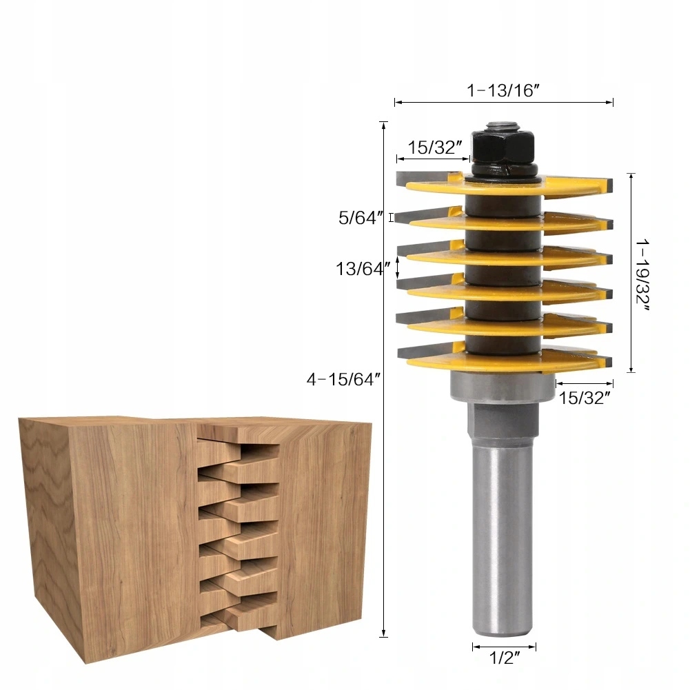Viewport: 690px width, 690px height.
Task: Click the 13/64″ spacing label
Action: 358,269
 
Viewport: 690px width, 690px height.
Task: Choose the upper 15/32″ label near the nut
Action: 434,148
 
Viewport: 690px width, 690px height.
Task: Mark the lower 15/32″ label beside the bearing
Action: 584,398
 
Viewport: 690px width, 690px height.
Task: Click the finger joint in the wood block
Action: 238,531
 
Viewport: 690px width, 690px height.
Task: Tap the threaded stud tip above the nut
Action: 503,126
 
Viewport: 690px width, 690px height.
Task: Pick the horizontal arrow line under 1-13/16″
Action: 503,103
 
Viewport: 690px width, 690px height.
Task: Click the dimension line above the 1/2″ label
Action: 504,647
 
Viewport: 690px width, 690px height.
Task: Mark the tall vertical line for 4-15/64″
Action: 384,379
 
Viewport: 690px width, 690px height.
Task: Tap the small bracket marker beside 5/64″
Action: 392,218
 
